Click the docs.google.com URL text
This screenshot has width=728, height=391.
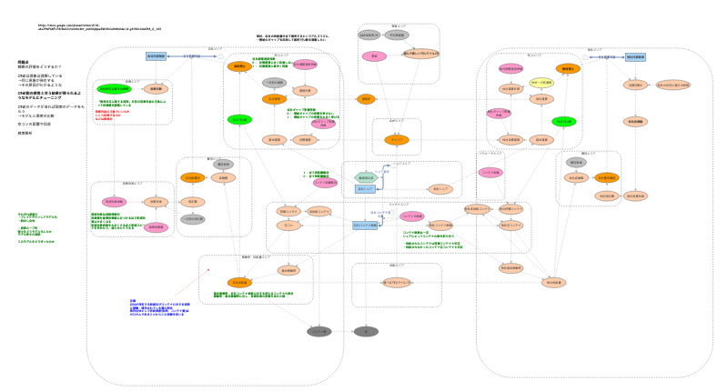(100, 28)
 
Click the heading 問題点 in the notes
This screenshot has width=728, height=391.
(25, 62)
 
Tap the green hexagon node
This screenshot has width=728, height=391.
(366, 177)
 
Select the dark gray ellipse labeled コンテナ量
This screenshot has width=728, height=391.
(318, 332)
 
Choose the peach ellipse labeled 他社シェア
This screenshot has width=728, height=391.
(440, 189)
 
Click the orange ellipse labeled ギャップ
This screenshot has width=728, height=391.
(397, 140)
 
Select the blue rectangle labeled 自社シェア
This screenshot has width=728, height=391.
(366, 189)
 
